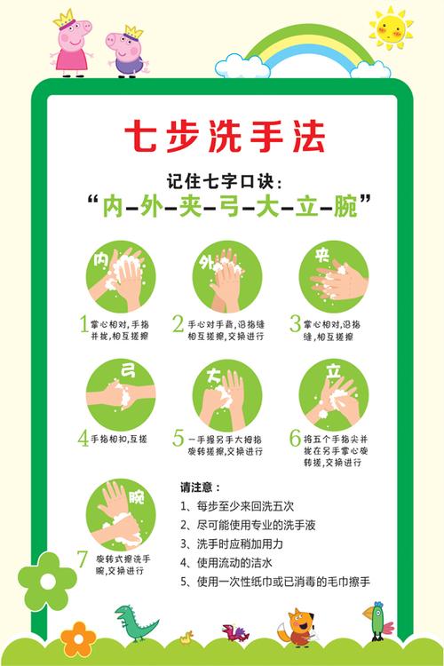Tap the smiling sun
click(x=392, y=28)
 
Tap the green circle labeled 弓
click(x=121, y=392)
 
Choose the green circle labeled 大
click(x=227, y=392)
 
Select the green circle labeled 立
click(x=334, y=392)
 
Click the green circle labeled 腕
click(x=121, y=512)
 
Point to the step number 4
click(x=83, y=437)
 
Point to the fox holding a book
click(x=295, y=626)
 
